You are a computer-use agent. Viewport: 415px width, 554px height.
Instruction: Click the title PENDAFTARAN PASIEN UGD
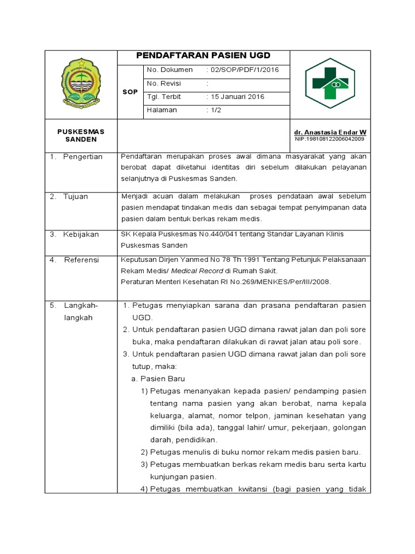click(x=203, y=56)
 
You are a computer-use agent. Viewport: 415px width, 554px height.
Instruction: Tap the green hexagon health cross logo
click(x=330, y=83)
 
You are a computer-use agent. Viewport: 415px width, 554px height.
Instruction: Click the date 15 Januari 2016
click(x=237, y=97)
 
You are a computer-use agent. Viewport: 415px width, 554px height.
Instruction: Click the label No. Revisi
click(x=164, y=83)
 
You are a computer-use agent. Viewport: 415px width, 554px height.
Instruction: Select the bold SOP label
click(x=130, y=92)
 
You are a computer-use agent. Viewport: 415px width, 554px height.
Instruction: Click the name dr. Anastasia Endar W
click(x=330, y=132)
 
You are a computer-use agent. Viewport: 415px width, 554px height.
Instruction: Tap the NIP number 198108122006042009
click(x=330, y=139)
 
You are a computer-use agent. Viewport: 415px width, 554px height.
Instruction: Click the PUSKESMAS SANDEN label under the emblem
click(x=81, y=135)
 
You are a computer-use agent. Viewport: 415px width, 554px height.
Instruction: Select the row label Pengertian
click(x=83, y=157)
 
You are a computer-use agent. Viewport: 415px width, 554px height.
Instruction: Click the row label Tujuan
click(x=76, y=197)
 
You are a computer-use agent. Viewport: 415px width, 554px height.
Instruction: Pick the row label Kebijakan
click(x=81, y=234)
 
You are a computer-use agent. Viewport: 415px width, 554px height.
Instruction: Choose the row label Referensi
click(x=82, y=260)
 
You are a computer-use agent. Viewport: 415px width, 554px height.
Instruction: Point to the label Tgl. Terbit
click(x=164, y=97)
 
